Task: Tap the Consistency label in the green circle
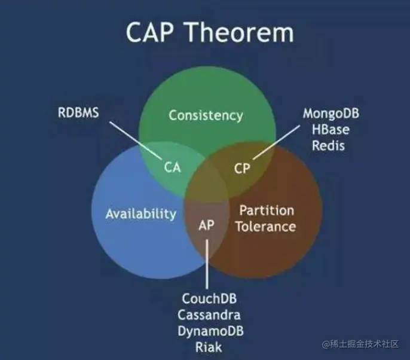point(206,115)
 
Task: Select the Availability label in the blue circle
point(141,213)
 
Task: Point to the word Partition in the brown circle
point(267,210)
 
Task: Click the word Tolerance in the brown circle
point(266,226)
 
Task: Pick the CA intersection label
point(173,167)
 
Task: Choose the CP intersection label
point(242,169)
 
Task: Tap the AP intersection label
point(207,225)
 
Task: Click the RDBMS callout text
point(78,113)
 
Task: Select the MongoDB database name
point(331,114)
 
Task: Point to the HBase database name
point(331,130)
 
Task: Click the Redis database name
point(329,145)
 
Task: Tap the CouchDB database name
point(209,298)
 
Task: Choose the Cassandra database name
point(209,315)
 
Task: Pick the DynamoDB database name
point(211,331)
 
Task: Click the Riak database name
point(209,347)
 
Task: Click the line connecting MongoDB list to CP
point(276,142)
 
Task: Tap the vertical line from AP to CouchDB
point(207,264)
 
